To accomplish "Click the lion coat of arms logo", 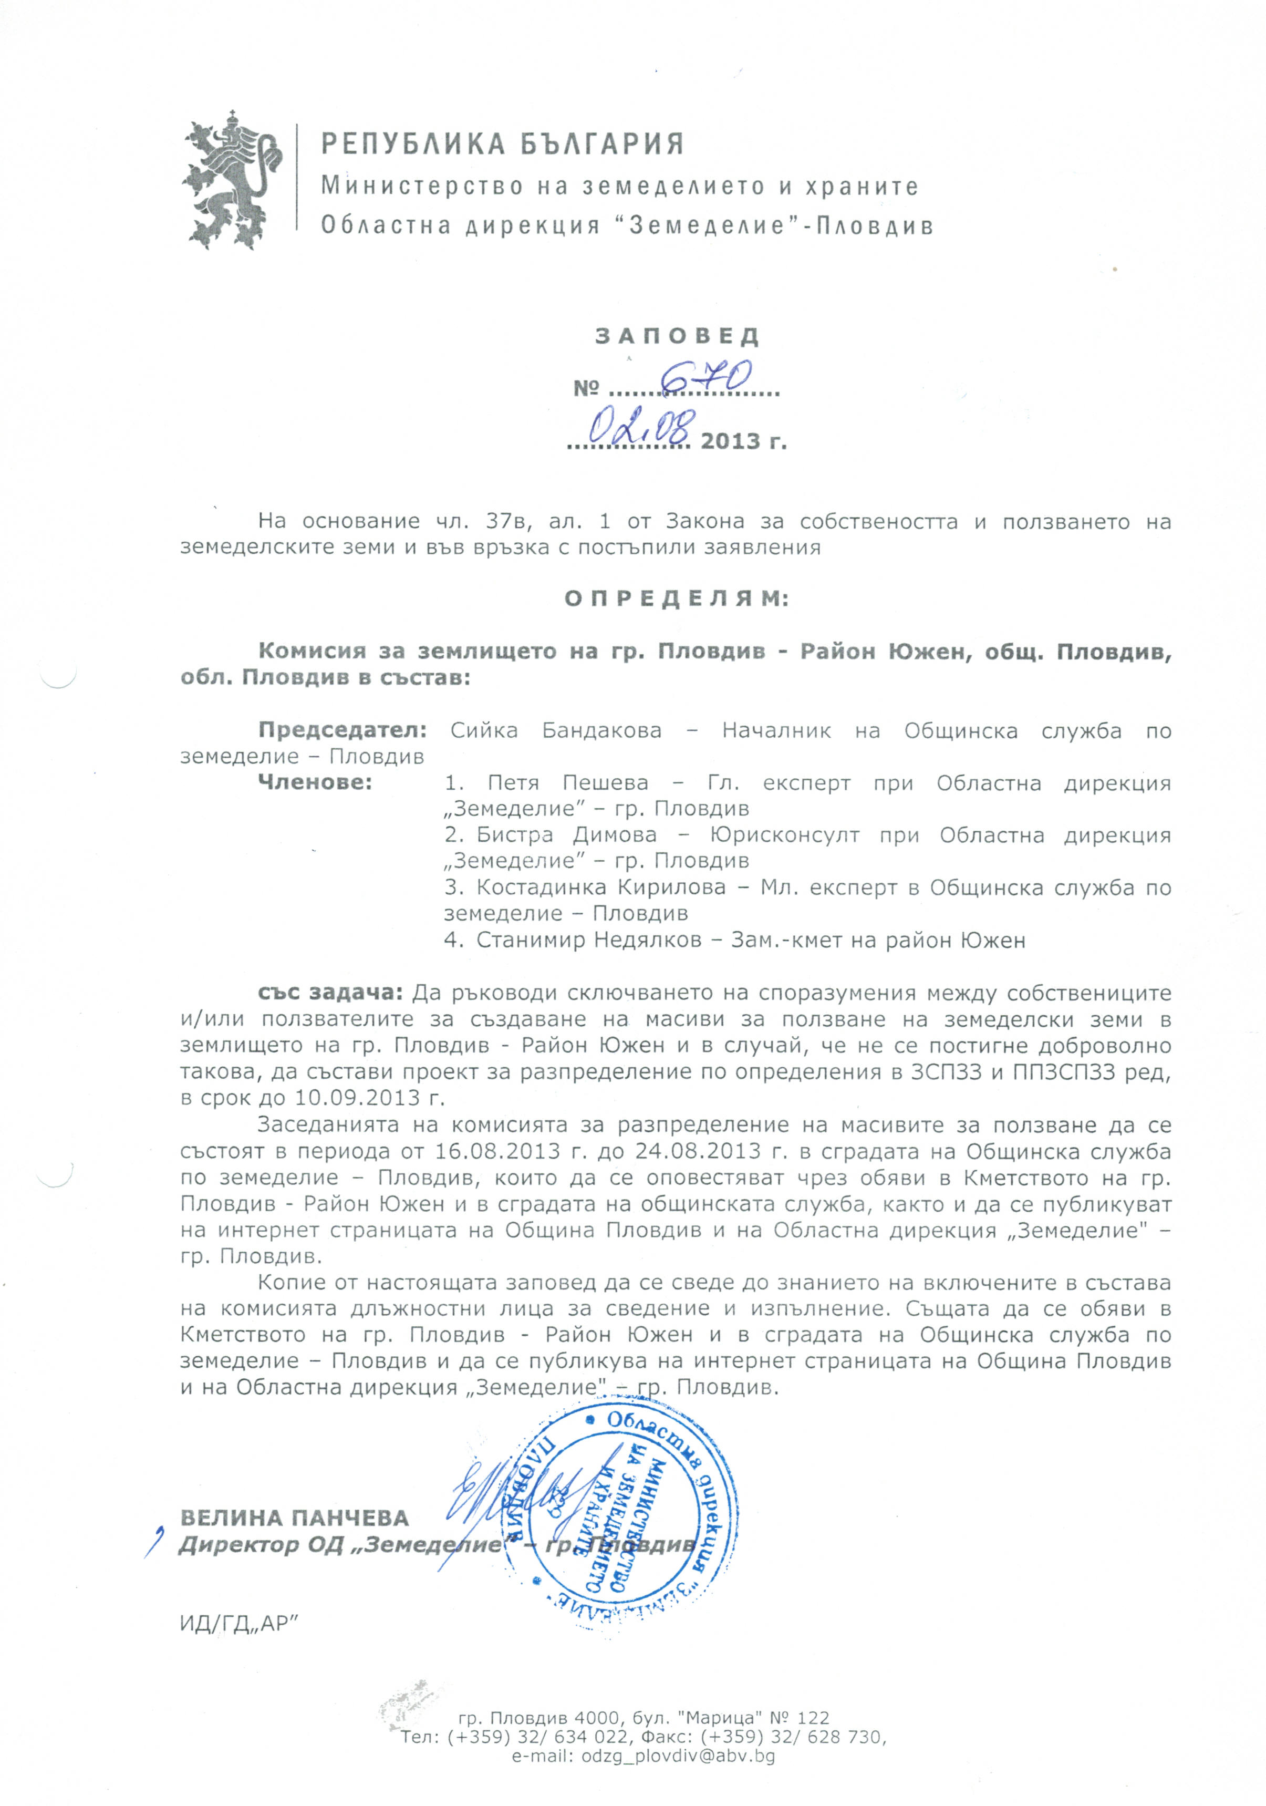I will click(x=233, y=181).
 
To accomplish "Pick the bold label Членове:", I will click(x=315, y=782).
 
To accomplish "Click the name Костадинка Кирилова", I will click(x=601, y=888).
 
